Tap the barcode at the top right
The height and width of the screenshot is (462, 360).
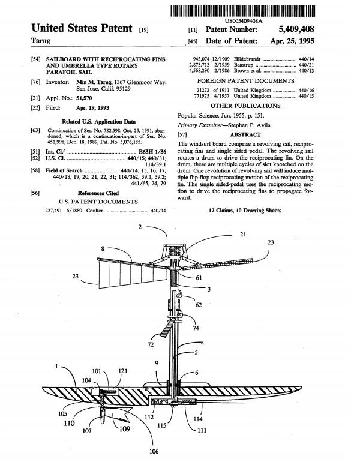(x=247, y=10)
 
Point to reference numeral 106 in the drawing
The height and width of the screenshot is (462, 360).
(x=154, y=451)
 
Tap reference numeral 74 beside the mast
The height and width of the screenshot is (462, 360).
(x=196, y=328)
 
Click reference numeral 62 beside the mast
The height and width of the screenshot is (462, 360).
(x=199, y=305)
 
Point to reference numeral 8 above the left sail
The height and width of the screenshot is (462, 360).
(x=103, y=247)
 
